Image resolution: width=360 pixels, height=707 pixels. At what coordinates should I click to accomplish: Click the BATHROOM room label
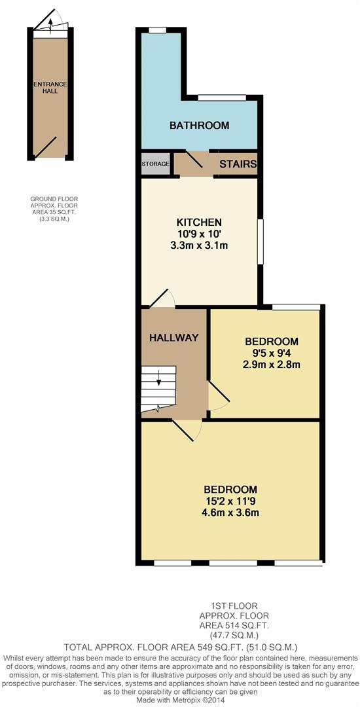coord(199,125)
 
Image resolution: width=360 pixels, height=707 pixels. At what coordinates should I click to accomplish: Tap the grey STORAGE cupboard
coord(155,164)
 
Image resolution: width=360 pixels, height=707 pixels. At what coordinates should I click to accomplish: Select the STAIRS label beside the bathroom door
coord(238,164)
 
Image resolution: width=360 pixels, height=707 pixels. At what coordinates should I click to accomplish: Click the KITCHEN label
coord(199,223)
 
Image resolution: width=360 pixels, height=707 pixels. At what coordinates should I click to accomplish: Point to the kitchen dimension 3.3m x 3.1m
coord(199,246)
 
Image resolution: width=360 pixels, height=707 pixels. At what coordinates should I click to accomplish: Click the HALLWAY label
coord(174,337)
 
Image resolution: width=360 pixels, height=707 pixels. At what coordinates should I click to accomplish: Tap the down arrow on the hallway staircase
coord(158,382)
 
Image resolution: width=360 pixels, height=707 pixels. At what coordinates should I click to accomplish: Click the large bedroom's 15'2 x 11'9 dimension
coord(230,501)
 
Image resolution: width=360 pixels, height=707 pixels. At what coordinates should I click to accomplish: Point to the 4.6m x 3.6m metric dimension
coord(230,513)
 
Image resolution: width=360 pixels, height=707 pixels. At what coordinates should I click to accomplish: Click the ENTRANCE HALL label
coord(50,88)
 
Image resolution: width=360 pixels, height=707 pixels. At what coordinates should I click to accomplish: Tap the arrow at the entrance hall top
coord(50,25)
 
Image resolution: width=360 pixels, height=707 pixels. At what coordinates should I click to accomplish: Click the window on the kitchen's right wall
coord(260,242)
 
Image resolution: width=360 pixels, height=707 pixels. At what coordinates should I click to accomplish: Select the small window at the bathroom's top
coord(157,30)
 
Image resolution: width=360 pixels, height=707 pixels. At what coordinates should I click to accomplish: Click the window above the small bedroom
coord(296,307)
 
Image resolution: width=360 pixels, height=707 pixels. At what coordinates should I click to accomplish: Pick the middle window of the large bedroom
coord(233,563)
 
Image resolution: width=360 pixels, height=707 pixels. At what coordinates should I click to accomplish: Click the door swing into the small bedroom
coord(219,395)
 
